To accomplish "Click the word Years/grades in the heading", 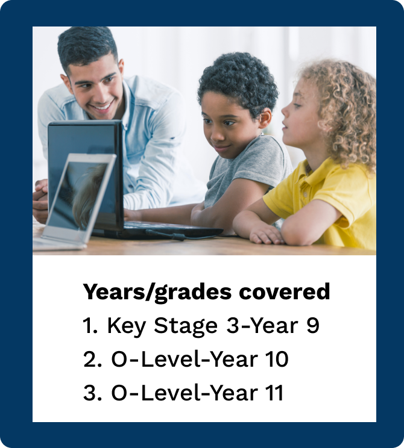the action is click(157, 292).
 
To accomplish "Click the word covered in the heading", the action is click(285, 291).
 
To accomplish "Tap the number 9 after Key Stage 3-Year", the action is click(313, 325).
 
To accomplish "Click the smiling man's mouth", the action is click(101, 107).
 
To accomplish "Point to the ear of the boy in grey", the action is click(265, 117).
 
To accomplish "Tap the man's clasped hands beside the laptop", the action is click(40, 200).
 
